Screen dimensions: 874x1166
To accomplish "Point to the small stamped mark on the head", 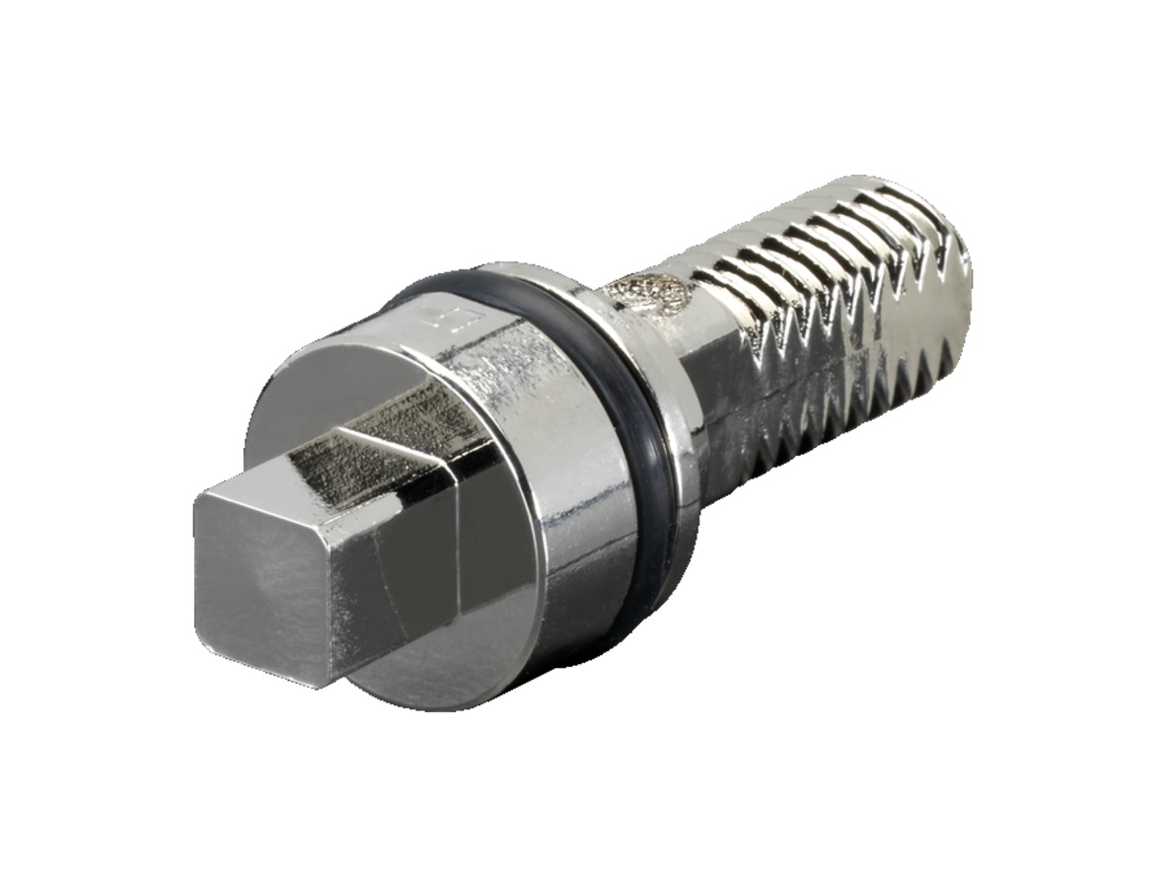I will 432,317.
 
